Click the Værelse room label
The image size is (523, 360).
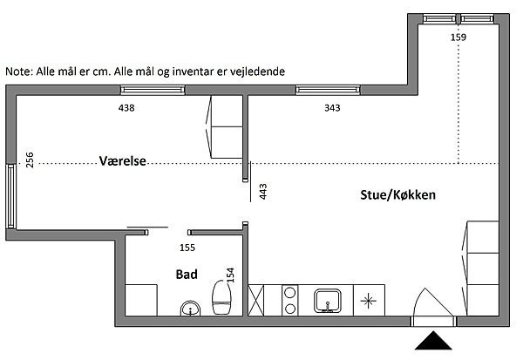[123, 161]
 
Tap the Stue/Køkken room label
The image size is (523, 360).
[398, 195]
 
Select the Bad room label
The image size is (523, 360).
[187, 275]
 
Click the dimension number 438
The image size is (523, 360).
[126, 108]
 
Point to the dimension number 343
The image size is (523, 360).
[332, 108]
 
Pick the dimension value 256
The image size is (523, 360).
[30, 160]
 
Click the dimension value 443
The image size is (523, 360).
[263, 192]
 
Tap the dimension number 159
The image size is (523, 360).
[458, 37]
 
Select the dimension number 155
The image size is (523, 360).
[187, 248]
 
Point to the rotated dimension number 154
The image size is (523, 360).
[230, 275]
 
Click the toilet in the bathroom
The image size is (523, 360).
[221, 297]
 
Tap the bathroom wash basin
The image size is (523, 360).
[190, 309]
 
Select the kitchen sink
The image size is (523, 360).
[328, 301]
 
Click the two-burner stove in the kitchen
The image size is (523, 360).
[290, 300]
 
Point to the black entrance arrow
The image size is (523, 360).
[433, 340]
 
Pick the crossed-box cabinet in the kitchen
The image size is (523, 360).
[255, 300]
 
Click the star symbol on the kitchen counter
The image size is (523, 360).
[368, 301]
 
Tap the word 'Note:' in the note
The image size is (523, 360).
[19, 71]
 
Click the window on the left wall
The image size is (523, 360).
[11, 196]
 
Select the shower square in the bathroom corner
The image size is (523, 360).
[141, 300]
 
